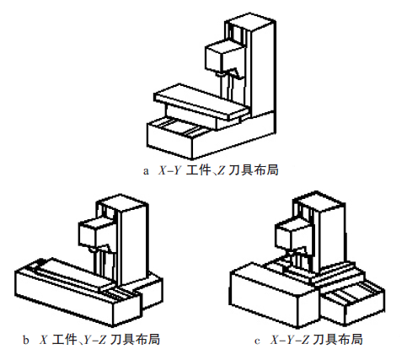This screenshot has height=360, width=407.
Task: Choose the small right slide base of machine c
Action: tap(355, 299)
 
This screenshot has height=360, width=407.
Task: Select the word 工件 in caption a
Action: tap(199, 170)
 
